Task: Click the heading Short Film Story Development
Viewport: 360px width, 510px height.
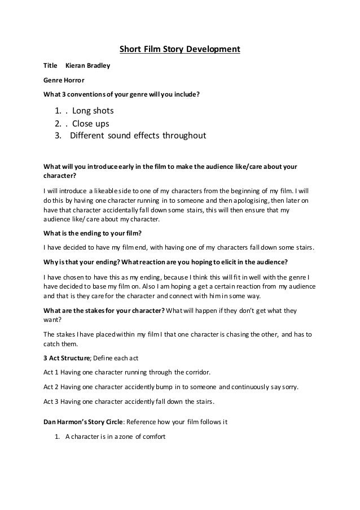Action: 179,50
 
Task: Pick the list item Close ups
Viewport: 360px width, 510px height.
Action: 90,123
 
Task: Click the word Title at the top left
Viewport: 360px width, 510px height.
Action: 51,67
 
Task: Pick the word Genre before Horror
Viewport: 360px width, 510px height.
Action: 53,80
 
